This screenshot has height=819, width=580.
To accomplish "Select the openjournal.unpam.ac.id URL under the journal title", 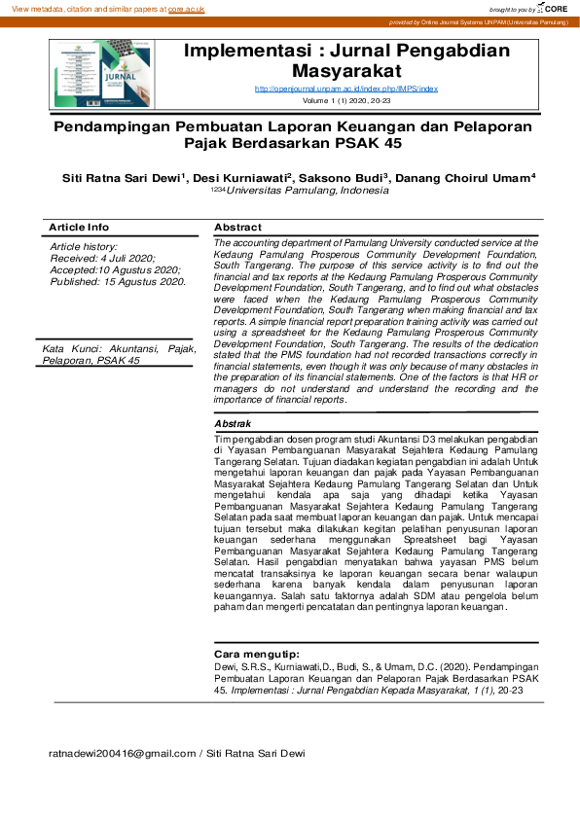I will click(x=345, y=89).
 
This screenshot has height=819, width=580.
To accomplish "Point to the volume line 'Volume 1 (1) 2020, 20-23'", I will click(x=345, y=100).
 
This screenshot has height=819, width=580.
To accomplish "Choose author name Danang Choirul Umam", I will click(x=466, y=179).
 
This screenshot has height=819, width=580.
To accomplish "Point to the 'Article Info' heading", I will click(x=79, y=227).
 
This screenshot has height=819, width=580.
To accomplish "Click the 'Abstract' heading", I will click(x=237, y=227).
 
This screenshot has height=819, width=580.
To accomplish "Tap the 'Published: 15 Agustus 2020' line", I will click(x=118, y=281).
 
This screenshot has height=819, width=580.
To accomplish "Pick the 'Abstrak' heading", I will click(x=233, y=424).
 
